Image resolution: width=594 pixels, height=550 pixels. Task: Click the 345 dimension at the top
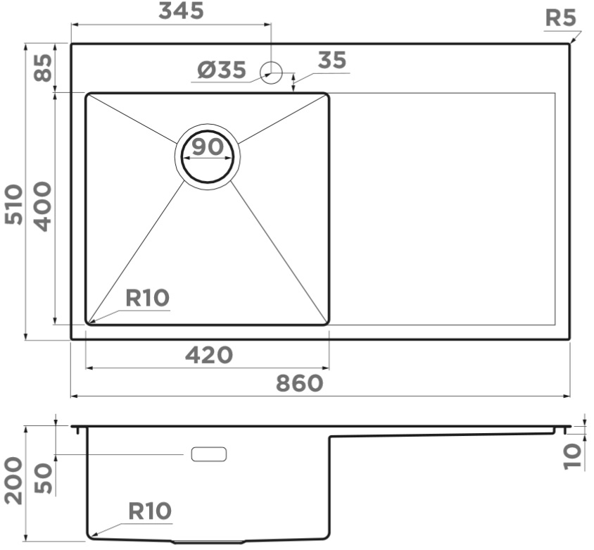coord(181,11)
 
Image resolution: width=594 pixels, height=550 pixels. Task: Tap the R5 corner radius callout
coord(561,18)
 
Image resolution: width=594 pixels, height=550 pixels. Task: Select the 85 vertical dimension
coord(43,68)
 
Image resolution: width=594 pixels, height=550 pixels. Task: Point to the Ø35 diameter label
coord(222,70)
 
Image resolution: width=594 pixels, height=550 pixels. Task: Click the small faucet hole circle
coord(271,73)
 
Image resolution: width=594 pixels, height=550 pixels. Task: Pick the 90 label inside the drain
coord(208,146)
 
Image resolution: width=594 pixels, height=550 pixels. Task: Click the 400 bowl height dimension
coord(42,206)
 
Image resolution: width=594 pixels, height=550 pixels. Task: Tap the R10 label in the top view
coord(147,298)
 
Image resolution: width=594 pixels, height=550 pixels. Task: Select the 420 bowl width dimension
coord(209,355)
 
